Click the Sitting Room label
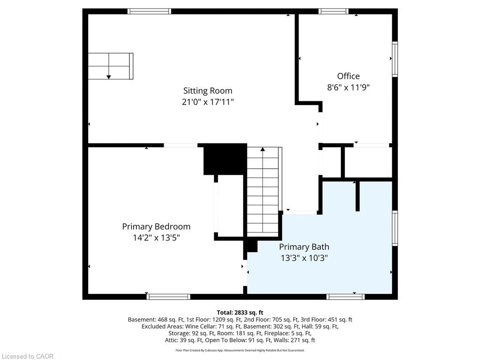click(x=208, y=90)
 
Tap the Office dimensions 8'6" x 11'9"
click(x=348, y=87)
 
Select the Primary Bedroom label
click(x=156, y=226)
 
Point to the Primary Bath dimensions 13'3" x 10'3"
click(x=304, y=258)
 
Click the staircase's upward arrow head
click(x=262, y=149)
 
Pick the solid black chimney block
click(x=225, y=159)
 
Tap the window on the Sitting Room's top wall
click(x=150, y=11)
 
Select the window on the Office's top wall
click(x=333, y=11)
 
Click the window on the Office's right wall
click(x=395, y=59)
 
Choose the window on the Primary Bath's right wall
click(x=395, y=228)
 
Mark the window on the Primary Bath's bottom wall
click(x=345, y=297)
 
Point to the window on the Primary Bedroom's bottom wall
click(x=168, y=297)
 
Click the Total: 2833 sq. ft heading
click(x=240, y=313)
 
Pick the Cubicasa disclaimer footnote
click(x=240, y=350)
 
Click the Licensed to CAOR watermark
click(x=28, y=356)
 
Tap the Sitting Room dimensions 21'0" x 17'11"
click(x=208, y=102)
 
